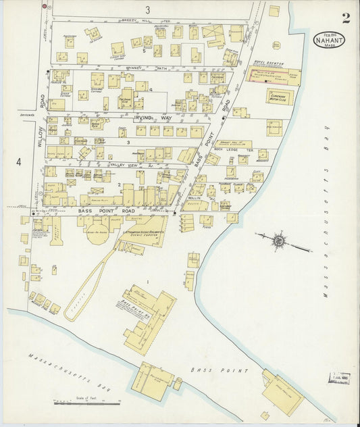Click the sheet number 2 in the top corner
coord(345,18)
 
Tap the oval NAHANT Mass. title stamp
coord(329,41)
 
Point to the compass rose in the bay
coord(278,241)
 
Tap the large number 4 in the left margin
coord(19,162)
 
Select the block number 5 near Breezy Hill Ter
coord(144,51)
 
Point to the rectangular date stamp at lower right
coord(338,378)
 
